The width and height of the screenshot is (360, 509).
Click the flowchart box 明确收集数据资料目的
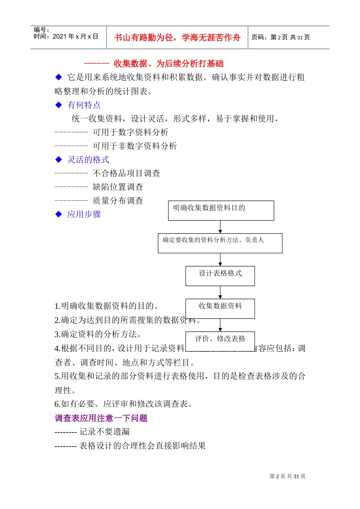pos(221,211)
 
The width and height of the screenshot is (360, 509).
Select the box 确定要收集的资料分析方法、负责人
pos(220,243)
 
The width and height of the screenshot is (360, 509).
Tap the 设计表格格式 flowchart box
pos(220,276)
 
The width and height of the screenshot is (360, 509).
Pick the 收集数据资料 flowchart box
pos(220,308)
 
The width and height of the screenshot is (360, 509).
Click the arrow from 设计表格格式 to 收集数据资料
pos(220,292)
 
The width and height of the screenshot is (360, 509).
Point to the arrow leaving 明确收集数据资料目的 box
pos(220,227)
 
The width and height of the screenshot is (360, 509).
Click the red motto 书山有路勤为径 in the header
pos(177,37)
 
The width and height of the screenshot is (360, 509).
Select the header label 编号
pos(41,30)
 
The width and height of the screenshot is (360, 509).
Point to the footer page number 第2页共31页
pos(287,476)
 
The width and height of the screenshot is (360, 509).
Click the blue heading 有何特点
pos(84,105)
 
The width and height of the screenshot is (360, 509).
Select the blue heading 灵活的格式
pos(88,160)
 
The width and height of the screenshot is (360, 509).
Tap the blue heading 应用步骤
pos(84,214)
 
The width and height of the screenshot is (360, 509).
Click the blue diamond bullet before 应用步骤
pos(59,214)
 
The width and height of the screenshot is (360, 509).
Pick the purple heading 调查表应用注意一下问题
pos(101,418)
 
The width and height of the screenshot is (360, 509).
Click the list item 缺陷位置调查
pos(118,187)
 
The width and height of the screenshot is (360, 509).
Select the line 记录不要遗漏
pos(104,432)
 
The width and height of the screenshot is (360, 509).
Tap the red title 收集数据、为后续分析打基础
pos(168,64)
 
